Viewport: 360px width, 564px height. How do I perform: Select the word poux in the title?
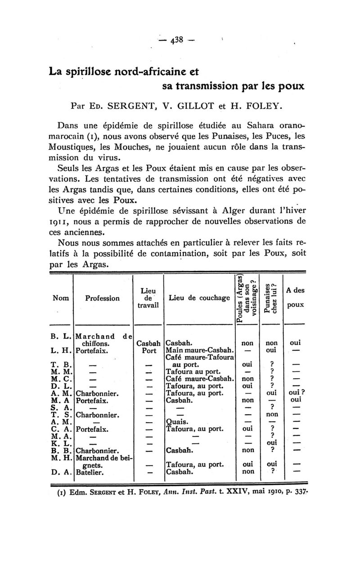(290, 86)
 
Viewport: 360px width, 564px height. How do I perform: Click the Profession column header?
(103, 298)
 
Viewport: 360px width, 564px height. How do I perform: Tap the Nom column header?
(61, 298)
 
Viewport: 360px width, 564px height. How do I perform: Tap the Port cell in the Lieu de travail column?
(149, 350)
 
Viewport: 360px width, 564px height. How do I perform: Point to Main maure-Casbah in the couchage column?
(199, 350)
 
